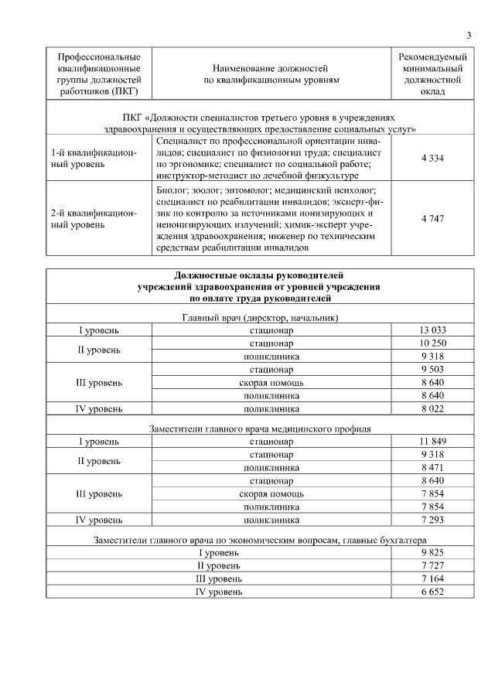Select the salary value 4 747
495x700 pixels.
(432, 219)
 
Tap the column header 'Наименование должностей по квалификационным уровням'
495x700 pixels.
(271, 73)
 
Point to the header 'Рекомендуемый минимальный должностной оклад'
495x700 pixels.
(432, 74)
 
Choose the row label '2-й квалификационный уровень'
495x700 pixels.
(94, 219)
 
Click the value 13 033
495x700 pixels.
(432, 330)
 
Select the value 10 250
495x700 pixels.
(432, 343)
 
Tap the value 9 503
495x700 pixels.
(432, 369)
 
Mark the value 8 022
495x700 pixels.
(432, 408)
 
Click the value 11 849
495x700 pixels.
(432, 441)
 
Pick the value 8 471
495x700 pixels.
(432, 467)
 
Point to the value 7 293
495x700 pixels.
(432, 520)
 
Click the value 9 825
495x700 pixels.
(432, 552)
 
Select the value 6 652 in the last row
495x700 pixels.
(432, 592)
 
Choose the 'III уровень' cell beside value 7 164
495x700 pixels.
(220, 579)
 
